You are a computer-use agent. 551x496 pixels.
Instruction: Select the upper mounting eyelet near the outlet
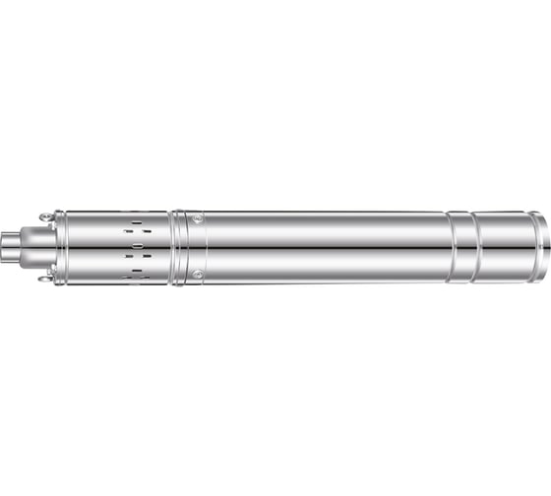(x=45, y=217)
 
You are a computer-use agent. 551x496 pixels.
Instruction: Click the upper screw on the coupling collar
(x=198, y=219)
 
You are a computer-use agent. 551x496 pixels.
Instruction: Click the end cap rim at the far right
(x=539, y=247)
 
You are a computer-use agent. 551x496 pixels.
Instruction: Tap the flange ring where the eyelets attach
(x=57, y=247)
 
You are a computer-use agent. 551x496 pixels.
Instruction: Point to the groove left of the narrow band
(x=452, y=247)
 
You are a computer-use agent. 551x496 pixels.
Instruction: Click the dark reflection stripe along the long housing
(x=325, y=248)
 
